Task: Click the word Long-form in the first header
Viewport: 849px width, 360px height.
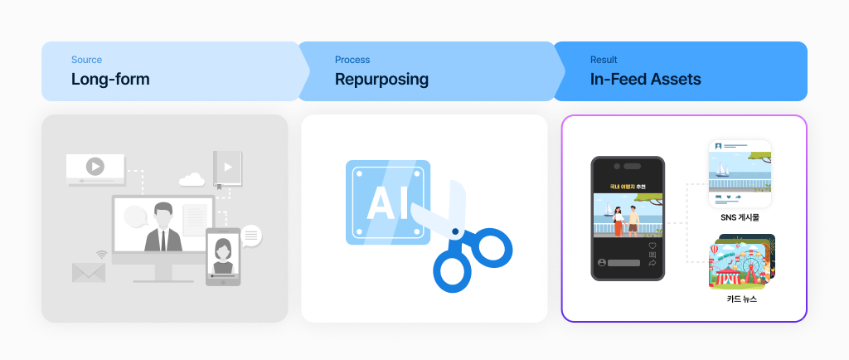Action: click(x=110, y=80)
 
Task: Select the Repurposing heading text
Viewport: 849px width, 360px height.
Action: click(x=381, y=80)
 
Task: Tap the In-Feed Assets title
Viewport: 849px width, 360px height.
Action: click(x=645, y=80)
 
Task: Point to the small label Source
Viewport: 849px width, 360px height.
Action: click(x=86, y=60)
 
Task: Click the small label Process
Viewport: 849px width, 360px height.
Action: click(x=352, y=60)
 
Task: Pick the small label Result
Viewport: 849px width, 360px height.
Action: click(x=604, y=60)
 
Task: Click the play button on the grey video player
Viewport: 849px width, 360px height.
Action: click(x=95, y=166)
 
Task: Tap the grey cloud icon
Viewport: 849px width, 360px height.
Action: click(x=192, y=178)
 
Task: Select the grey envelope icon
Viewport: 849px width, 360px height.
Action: click(x=88, y=272)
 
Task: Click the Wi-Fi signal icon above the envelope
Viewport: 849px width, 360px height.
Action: click(x=102, y=255)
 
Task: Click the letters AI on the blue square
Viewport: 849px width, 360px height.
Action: click(x=387, y=202)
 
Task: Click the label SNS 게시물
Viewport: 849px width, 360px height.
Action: click(x=740, y=217)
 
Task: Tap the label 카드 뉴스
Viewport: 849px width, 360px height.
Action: click(x=740, y=299)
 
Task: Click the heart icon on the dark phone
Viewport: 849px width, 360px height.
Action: click(x=653, y=246)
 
